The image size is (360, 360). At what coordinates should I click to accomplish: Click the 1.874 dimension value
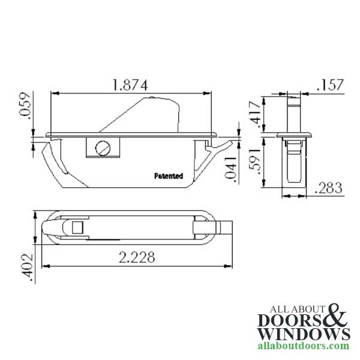tap(130, 85)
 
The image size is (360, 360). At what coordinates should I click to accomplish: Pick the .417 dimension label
tap(254, 114)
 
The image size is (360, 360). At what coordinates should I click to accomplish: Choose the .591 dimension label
tap(254, 163)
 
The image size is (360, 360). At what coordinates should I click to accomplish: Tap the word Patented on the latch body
tap(168, 176)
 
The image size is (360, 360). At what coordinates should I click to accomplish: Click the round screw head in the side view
tap(103, 146)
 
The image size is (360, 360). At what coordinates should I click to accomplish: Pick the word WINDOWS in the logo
tap(304, 334)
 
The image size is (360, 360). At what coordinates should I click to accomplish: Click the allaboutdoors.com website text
tap(304, 346)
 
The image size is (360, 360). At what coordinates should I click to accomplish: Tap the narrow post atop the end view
tap(293, 111)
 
